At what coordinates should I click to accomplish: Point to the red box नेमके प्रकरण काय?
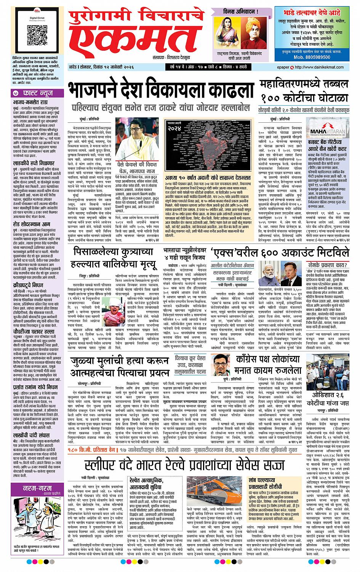pos(328,265)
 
